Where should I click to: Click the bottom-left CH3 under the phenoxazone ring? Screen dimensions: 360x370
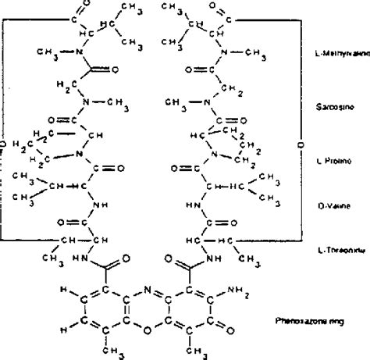(115, 351)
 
